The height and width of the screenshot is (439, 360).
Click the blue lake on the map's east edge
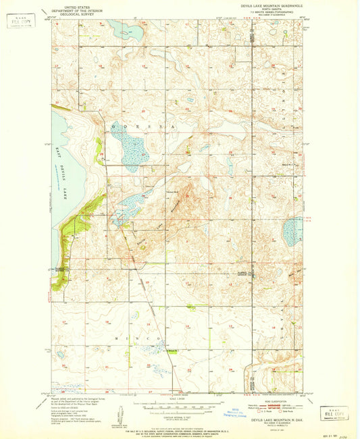click(293, 231)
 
